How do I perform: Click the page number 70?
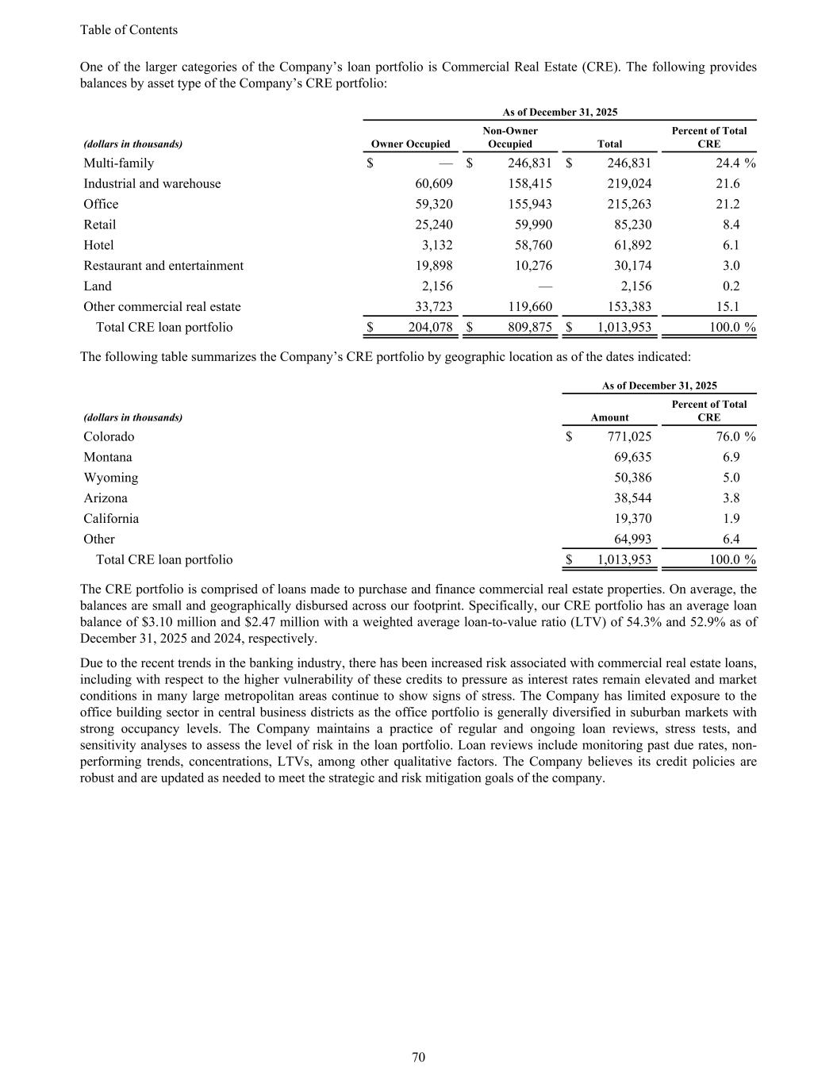419,1057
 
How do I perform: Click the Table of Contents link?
129,30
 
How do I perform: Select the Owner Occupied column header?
410,144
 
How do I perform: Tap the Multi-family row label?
119,163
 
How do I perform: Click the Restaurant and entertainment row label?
163,266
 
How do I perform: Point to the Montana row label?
108,458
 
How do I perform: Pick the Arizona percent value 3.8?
731,499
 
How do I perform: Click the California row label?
111,519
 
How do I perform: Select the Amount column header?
609,417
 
